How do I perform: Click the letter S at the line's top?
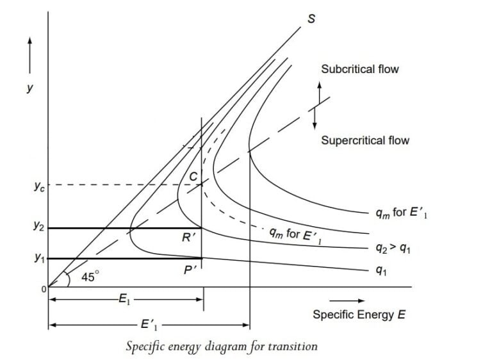point(311,18)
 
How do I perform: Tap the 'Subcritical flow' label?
point(359,69)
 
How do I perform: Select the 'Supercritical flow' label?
point(365,140)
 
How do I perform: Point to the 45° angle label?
point(90,277)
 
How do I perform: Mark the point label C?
point(192,174)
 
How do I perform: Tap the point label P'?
point(190,270)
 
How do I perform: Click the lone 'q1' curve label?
point(382,271)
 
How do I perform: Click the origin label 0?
point(44,290)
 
